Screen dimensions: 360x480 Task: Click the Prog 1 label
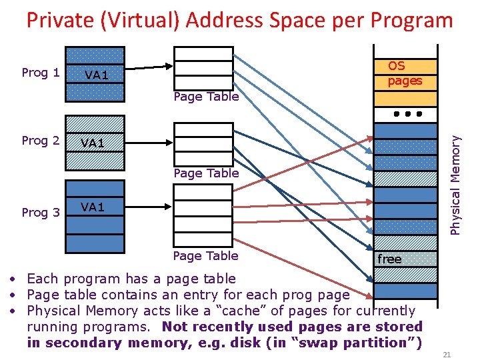[41, 73]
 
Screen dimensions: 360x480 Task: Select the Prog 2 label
[41, 141]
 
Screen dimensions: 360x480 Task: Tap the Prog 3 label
[41, 213]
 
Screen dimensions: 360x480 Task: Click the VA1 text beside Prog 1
[97, 75]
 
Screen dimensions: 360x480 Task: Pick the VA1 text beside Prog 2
[93, 143]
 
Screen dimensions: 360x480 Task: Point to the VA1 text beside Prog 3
[93, 207]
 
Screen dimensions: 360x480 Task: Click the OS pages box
[405, 73]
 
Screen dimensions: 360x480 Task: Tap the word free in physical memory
[389, 259]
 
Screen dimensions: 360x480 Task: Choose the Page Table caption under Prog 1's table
[205, 97]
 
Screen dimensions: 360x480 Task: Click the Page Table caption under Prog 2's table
[205, 173]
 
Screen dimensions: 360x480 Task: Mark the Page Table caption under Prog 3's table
[205, 256]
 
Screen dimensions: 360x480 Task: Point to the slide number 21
[447, 354]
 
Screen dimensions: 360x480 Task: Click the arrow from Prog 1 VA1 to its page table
[147, 67]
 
